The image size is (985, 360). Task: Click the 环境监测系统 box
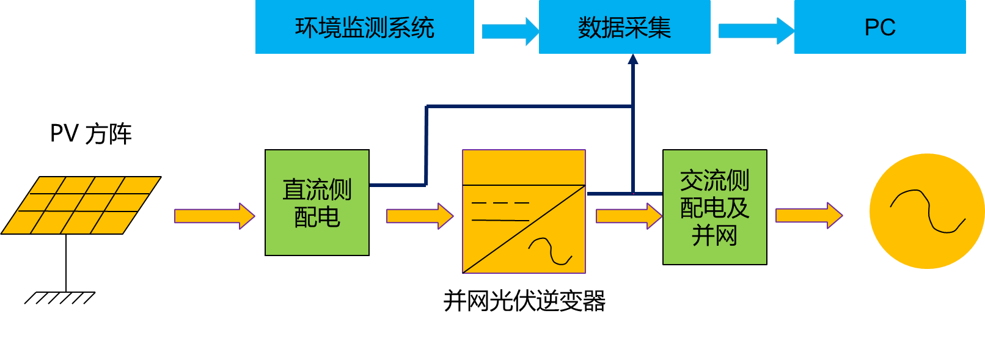tap(364, 28)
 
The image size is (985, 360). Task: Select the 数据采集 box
tap(624, 28)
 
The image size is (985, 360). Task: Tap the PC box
tap(879, 28)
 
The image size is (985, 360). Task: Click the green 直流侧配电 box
tap(317, 202)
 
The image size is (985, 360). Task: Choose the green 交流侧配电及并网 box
tap(714, 207)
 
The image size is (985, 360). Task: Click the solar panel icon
tap(81, 205)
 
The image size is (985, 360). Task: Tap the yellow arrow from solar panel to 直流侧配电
tap(214, 216)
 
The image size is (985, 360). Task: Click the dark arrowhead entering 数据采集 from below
tap(633, 59)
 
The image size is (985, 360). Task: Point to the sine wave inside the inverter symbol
tap(550, 251)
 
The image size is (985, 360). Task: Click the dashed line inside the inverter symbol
tap(500, 202)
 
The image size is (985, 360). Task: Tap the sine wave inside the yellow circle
tap(927, 211)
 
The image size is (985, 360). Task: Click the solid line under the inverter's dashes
tap(500, 220)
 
